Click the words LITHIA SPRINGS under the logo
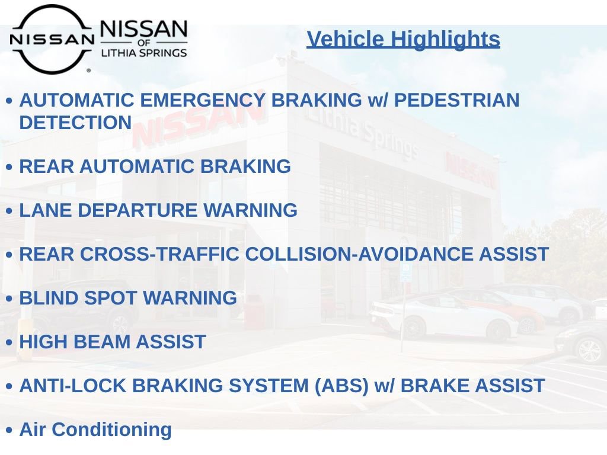click(144, 53)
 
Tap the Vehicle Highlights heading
click(403, 39)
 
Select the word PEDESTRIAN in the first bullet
click(457, 100)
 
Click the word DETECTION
click(75, 122)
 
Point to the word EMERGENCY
click(203, 100)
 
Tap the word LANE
click(46, 210)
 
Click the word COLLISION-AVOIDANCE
click(359, 254)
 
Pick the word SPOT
click(110, 298)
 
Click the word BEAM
click(101, 342)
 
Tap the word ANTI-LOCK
click(73, 386)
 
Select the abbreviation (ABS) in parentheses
click(341, 386)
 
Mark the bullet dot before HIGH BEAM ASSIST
click(9, 342)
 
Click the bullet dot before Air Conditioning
click(9, 430)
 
